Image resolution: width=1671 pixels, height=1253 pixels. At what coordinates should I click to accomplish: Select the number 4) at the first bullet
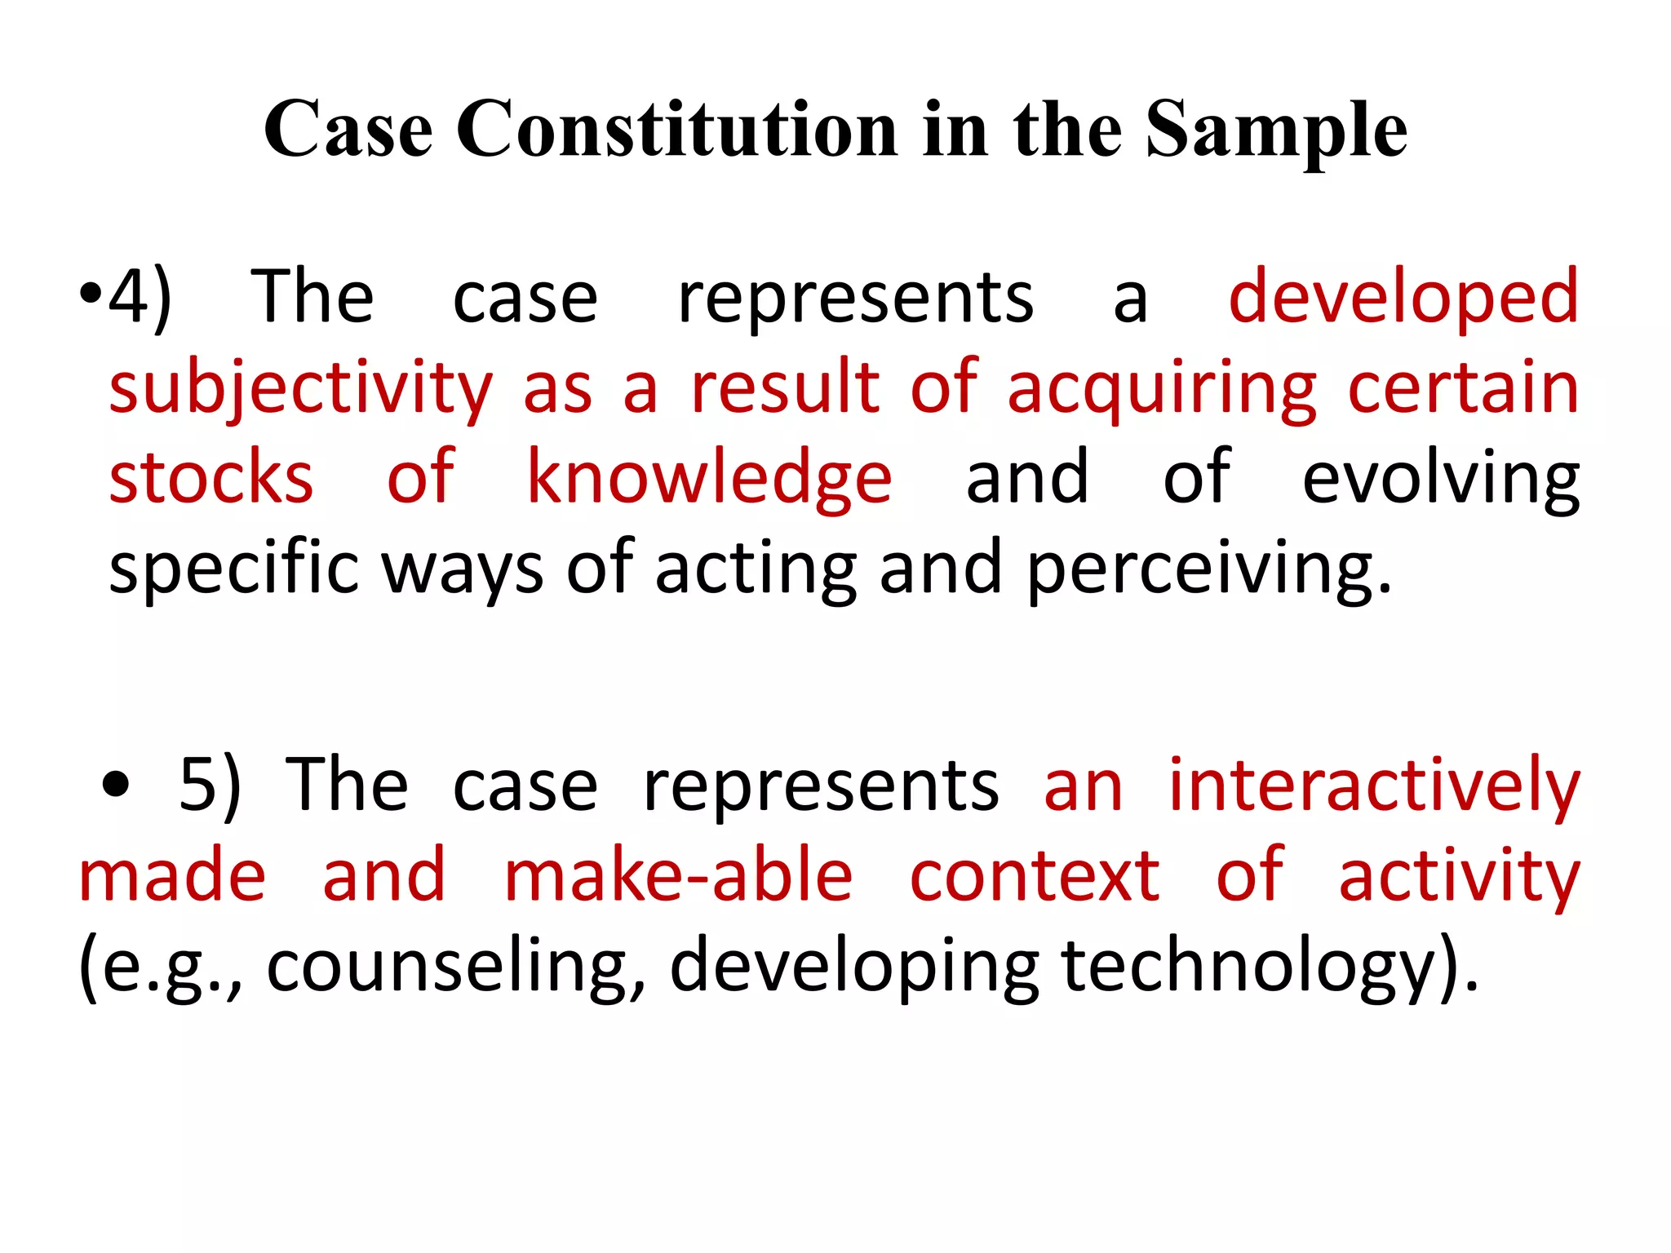(140, 298)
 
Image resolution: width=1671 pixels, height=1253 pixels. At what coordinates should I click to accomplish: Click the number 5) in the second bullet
(210, 785)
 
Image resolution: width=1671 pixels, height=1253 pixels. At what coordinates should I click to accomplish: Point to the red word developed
(1403, 298)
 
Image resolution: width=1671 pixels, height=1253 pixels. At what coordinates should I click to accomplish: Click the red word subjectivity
(301, 389)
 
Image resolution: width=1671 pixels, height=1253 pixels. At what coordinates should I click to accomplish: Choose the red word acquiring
(1162, 389)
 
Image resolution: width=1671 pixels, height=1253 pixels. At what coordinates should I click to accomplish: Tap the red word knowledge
(710, 478)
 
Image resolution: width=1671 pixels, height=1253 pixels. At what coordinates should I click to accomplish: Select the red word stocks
(211, 478)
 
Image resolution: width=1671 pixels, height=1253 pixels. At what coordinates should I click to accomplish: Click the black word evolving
(1441, 478)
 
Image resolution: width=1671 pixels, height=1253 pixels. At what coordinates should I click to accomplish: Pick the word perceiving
(1209, 569)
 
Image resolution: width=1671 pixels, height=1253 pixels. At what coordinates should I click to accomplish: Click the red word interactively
(1375, 785)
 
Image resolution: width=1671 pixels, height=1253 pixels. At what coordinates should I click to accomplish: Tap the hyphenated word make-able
(679, 875)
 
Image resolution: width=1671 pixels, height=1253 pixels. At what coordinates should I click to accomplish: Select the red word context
(1035, 875)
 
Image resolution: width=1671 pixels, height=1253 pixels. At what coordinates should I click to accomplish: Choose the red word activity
(1460, 877)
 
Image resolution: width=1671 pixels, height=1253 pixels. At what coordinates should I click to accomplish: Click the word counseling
(455, 967)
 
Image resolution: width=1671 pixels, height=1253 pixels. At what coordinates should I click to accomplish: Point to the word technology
(1270, 967)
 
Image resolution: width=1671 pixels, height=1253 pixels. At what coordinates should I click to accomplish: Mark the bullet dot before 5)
(116, 786)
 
